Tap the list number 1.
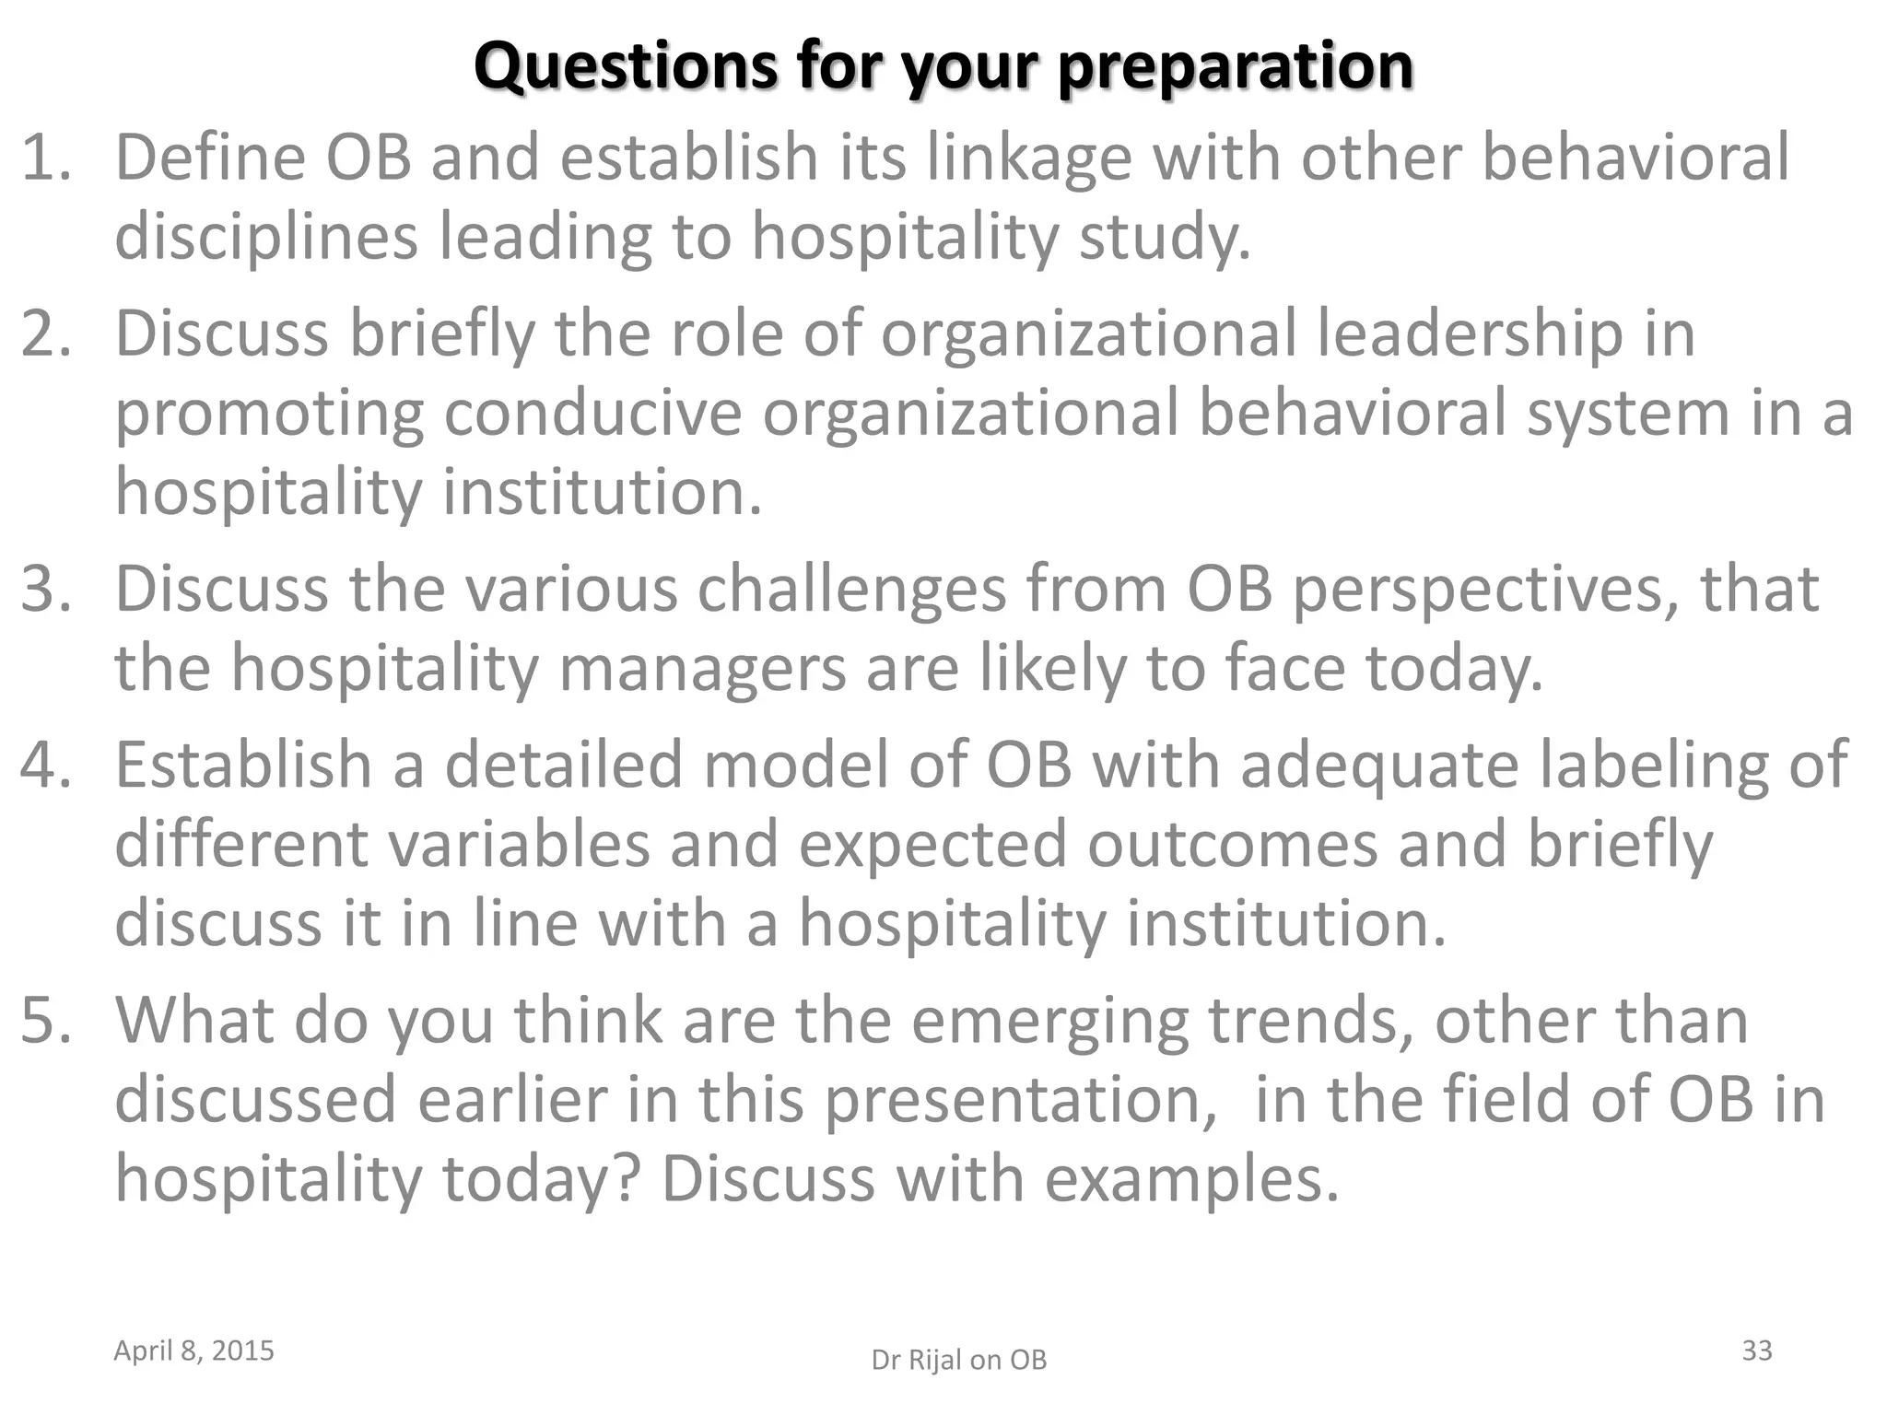pyautogui.click(x=46, y=158)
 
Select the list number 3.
pyautogui.click(x=46, y=590)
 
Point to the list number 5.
pyautogui.click(x=46, y=1021)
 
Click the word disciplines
pyautogui.click(x=266, y=238)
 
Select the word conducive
pyautogui.click(x=592, y=413)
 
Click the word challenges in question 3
pyautogui.click(x=851, y=590)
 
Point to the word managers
pyautogui.click(x=702, y=668)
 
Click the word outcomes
pyautogui.click(x=1231, y=845)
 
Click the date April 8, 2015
pyautogui.click(x=193, y=1351)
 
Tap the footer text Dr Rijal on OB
pyautogui.click(x=959, y=1360)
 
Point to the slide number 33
pyautogui.click(x=1757, y=1351)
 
